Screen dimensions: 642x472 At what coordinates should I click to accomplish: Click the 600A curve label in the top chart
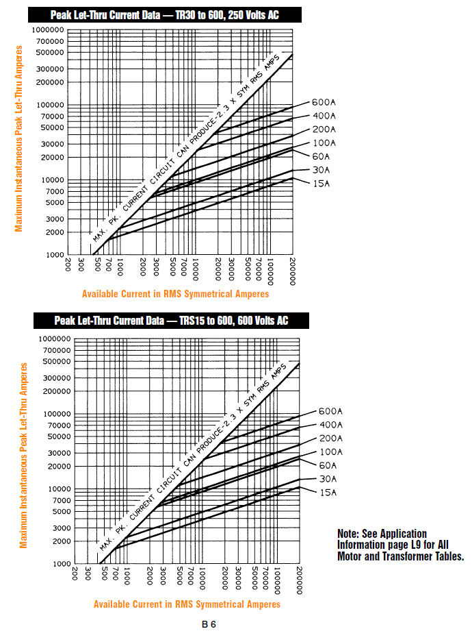point(324,103)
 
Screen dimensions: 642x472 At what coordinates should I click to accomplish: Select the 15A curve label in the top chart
point(322,184)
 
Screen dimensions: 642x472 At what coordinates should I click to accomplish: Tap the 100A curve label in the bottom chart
point(331,452)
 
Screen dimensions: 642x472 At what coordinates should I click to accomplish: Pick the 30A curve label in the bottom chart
point(328,479)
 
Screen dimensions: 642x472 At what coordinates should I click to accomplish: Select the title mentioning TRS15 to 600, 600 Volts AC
point(172,321)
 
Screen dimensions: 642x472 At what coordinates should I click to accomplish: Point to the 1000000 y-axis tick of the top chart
point(47,30)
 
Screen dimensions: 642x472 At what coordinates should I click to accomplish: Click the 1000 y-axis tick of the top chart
point(54,255)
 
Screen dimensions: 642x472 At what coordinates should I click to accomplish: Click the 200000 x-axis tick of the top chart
point(293,270)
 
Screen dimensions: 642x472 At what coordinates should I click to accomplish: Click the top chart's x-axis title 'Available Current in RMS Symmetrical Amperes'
point(175,294)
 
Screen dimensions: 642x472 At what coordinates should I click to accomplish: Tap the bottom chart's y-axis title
point(24,455)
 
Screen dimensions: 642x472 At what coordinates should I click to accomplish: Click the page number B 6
point(209,624)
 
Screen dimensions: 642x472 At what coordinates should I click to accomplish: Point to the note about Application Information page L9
point(401,545)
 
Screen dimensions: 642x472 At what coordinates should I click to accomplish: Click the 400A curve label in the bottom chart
point(331,425)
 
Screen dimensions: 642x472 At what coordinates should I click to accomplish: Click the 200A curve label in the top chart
point(324,129)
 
